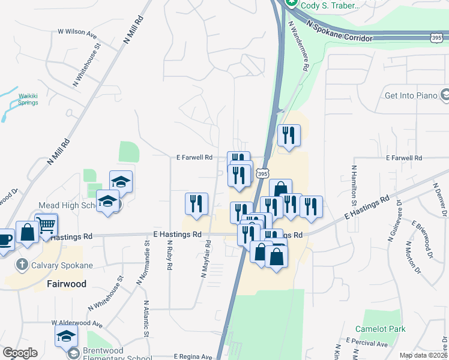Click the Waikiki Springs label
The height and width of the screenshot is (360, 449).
[27, 99]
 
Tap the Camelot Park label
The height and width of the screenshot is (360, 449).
[380, 329]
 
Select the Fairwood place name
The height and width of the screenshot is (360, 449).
[67, 283]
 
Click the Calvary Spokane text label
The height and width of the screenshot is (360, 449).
[62, 265]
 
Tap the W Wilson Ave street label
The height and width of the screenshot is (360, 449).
[77, 31]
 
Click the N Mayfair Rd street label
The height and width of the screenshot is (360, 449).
[205, 258]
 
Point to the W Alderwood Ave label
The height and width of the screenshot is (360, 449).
[77, 324]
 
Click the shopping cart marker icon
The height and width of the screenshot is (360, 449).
[46, 224]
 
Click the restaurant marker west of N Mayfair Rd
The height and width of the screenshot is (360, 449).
[196, 204]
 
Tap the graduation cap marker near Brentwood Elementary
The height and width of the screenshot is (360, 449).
[66, 336]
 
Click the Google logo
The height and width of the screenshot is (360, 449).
[20, 353]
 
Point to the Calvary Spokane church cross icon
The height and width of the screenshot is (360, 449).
[22, 264]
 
